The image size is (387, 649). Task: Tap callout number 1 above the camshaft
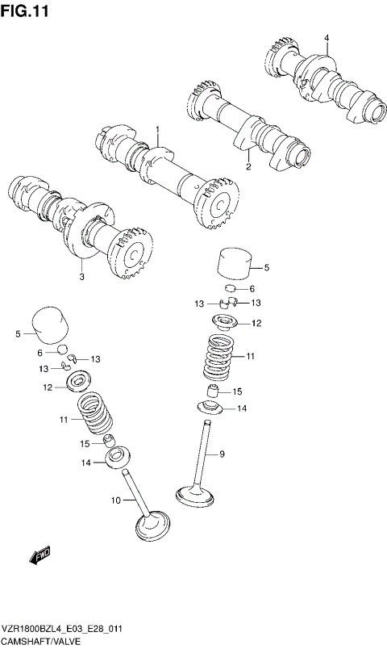(x=158, y=129)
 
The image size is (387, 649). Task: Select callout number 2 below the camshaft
(x=248, y=167)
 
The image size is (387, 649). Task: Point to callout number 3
(x=81, y=277)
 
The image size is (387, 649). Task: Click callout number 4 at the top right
(x=327, y=38)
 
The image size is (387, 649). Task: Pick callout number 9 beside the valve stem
(x=222, y=454)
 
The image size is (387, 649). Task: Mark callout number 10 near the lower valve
(x=115, y=500)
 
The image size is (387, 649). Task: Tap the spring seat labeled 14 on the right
(x=212, y=408)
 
